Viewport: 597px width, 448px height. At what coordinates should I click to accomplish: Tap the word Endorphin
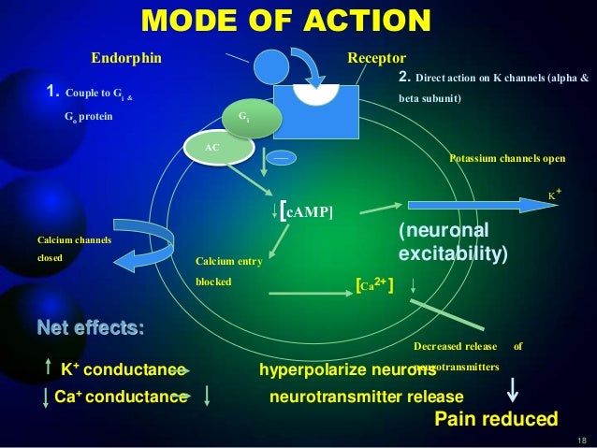[x=125, y=58]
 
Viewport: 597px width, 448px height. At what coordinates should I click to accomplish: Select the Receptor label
[x=376, y=58]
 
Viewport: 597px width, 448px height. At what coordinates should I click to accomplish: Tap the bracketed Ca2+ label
[x=374, y=284]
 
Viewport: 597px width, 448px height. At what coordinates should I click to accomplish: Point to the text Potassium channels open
[x=507, y=158]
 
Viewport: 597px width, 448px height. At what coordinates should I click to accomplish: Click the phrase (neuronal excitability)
[x=453, y=240]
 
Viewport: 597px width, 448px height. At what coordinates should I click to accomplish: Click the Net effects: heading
[x=90, y=328]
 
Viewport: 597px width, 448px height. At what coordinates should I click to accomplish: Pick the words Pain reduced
[x=496, y=418]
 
